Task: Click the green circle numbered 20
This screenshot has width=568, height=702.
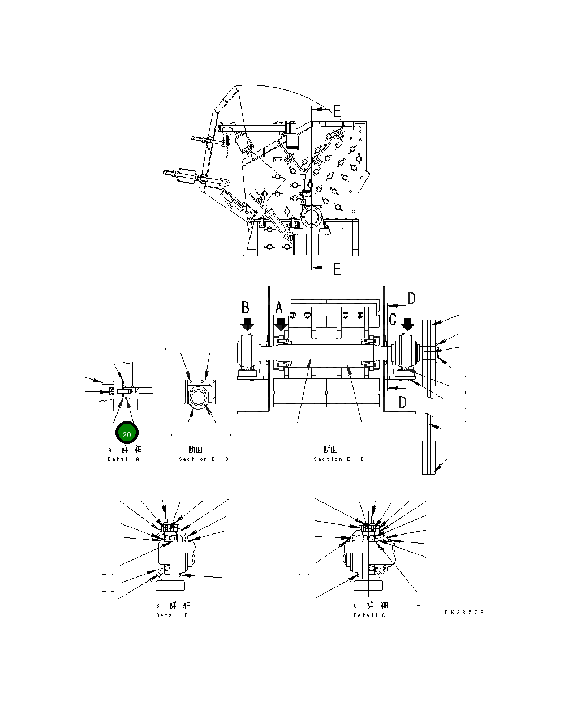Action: click(x=127, y=434)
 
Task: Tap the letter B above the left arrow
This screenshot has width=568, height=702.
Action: click(x=246, y=307)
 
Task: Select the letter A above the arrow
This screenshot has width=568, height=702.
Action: click(x=279, y=308)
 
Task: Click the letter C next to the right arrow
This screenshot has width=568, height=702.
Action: click(x=393, y=319)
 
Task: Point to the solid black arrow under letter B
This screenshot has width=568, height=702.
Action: click(x=247, y=324)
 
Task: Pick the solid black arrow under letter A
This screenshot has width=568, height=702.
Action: click(x=281, y=325)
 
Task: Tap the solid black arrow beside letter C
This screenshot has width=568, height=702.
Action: click(x=407, y=324)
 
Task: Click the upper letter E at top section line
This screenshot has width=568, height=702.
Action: click(x=337, y=111)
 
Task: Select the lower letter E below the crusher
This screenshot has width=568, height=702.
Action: click(x=337, y=269)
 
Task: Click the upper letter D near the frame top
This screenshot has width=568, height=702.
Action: click(x=411, y=299)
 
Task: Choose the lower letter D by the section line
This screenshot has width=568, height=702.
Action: click(x=402, y=403)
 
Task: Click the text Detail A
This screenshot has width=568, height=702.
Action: click(x=123, y=459)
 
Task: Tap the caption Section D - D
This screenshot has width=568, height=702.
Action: click(x=204, y=459)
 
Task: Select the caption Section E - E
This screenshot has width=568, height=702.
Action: click(x=338, y=459)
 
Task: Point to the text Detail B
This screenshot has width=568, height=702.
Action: click(x=172, y=615)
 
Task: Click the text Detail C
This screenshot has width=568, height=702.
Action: click(x=369, y=615)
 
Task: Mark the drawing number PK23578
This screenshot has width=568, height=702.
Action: click(x=464, y=612)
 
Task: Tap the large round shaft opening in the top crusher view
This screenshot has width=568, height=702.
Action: click(x=311, y=217)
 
